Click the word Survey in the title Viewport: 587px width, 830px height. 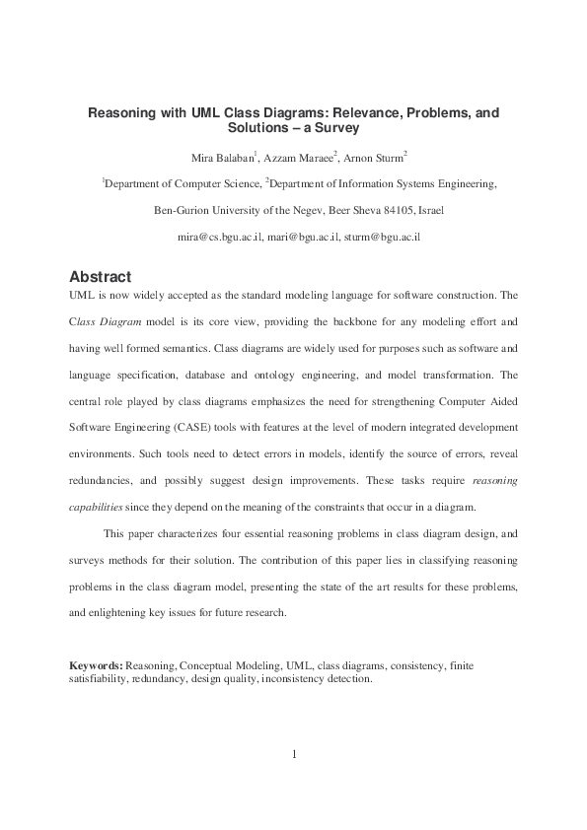[335, 128]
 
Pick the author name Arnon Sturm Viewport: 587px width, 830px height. [375, 158]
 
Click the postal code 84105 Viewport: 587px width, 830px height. [398, 210]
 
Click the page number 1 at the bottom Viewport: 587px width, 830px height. [294, 755]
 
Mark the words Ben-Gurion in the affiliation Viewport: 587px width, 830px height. [184, 210]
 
